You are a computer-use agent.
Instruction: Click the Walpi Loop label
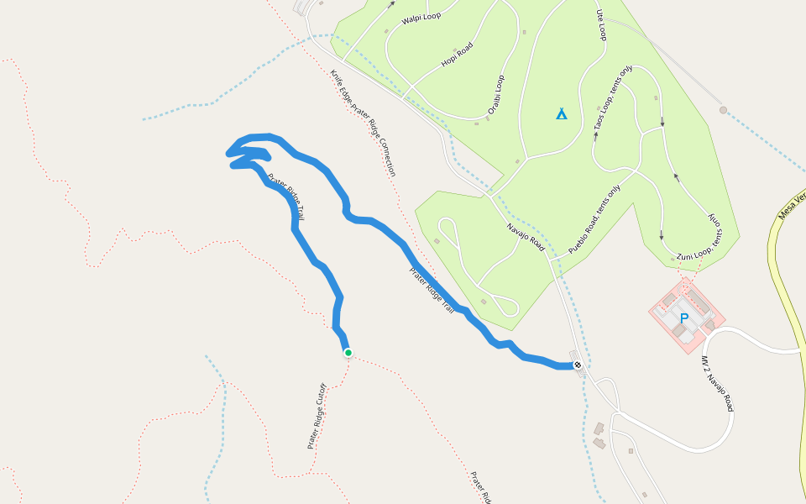pyautogui.click(x=421, y=17)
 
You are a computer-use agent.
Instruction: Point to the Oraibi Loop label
pyautogui.click(x=496, y=95)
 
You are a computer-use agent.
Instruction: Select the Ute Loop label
pyautogui.click(x=600, y=25)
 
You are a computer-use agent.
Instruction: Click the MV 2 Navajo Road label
pyautogui.click(x=718, y=383)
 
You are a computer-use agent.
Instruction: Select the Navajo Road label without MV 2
pyautogui.click(x=526, y=238)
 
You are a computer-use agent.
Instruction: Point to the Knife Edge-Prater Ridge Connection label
pyautogui.click(x=363, y=123)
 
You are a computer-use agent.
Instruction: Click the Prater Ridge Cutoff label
pyautogui.click(x=316, y=417)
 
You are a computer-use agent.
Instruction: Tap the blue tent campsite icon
pyautogui.click(x=562, y=113)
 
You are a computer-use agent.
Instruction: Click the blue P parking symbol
pyautogui.click(x=684, y=318)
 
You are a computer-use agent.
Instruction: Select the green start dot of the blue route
pyautogui.click(x=348, y=353)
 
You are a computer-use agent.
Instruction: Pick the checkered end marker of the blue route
pyautogui.click(x=578, y=365)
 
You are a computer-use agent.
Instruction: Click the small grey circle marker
pyautogui.click(x=723, y=110)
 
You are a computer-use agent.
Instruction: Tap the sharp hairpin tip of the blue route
pyautogui.click(x=228, y=153)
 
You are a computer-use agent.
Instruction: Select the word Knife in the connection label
pyautogui.click(x=337, y=81)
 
